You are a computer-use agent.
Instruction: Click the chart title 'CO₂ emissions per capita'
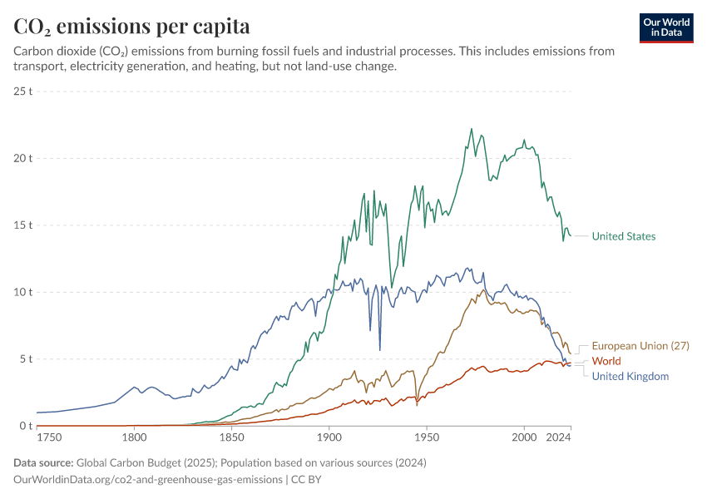(x=131, y=27)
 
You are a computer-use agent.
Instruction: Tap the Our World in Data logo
(x=666, y=27)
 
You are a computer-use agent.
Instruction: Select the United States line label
(x=623, y=236)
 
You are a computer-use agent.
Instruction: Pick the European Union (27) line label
(x=640, y=346)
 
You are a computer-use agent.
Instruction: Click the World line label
(x=606, y=361)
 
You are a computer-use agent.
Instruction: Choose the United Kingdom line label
(x=630, y=376)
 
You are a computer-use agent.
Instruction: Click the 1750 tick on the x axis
(x=48, y=436)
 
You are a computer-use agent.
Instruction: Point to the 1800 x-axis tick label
(x=133, y=436)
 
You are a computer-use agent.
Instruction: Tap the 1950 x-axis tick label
(x=427, y=436)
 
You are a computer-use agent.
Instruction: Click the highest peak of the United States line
(x=472, y=129)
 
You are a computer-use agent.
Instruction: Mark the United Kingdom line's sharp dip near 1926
(x=380, y=350)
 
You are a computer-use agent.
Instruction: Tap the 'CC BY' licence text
(x=308, y=479)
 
